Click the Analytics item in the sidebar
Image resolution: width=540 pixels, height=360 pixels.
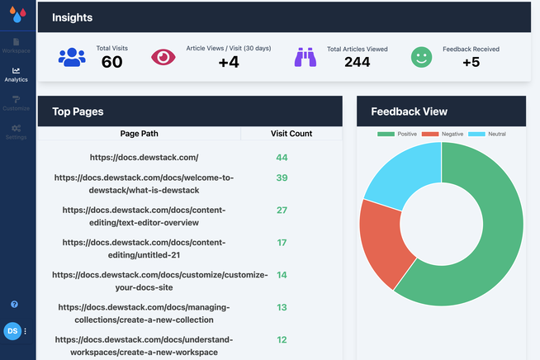16,75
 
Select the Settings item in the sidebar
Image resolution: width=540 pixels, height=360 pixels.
16,131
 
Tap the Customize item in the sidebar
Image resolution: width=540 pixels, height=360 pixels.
16,103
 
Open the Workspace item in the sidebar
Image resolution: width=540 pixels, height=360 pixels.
16,45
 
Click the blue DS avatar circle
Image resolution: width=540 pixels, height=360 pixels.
12,331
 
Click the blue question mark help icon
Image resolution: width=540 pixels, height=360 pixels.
14,305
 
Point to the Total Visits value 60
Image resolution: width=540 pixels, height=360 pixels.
111,62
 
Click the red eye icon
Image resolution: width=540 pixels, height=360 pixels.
163,57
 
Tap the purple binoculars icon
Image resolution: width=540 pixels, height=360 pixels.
306,57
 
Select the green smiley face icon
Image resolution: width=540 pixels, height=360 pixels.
422,57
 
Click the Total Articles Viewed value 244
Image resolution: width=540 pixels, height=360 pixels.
357,62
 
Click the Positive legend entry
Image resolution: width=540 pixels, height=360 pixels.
397,134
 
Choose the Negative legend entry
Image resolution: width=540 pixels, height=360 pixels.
442,134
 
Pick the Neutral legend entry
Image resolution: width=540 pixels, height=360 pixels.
487,134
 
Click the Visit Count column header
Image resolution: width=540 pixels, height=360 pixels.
291,134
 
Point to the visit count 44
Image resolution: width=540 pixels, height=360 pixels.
282,157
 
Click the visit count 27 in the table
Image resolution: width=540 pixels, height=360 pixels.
282,210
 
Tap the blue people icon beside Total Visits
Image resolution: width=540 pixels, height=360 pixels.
72,57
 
